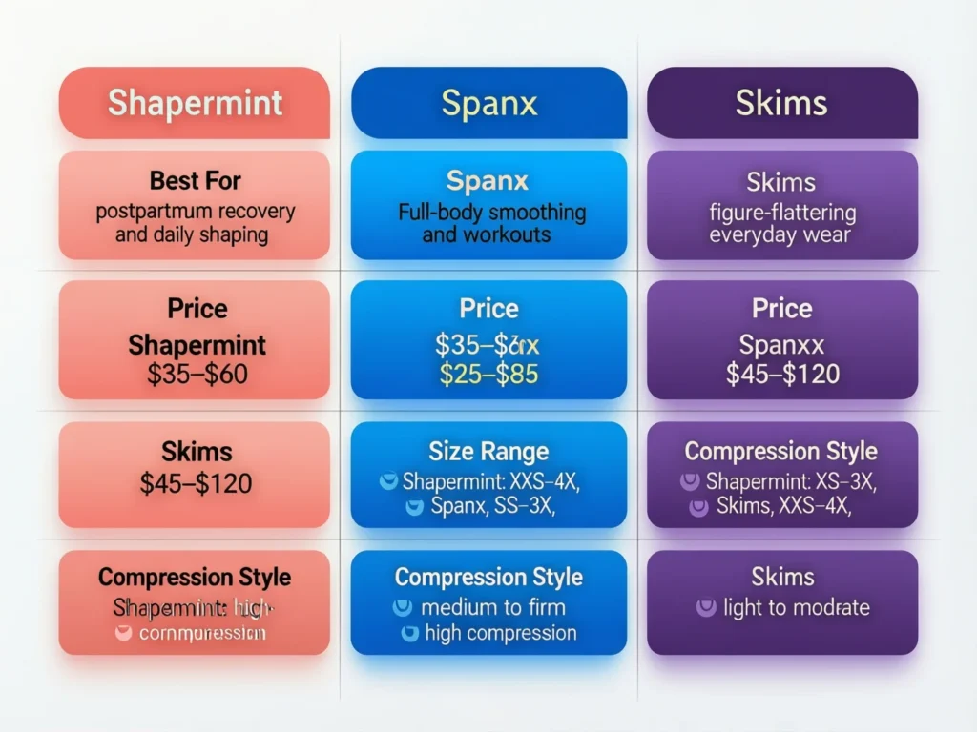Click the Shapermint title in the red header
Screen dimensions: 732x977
(195, 103)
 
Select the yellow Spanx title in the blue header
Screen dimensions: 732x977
(488, 103)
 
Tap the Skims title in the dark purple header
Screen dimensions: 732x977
(781, 103)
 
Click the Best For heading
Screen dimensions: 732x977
(195, 180)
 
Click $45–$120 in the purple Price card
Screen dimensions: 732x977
(782, 375)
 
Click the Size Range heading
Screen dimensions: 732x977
(488, 451)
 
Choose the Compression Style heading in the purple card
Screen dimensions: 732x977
(781, 451)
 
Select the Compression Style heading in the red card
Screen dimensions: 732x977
(195, 577)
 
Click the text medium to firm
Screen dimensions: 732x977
(492, 607)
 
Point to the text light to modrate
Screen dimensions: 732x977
(797, 607)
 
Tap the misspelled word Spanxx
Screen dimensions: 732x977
(782, 344)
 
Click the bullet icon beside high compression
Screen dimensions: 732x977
(409, 633)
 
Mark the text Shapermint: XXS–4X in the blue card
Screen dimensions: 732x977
(491, 481)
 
